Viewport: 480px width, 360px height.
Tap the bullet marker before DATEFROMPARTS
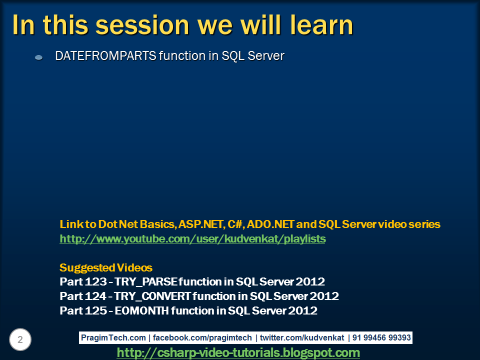[x=38, y=58]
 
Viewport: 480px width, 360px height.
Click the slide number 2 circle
[x=20, y=340]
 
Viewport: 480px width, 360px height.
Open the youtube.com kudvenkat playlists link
[x=192, y=239]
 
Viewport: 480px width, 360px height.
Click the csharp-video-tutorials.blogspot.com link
[x=238, y=353]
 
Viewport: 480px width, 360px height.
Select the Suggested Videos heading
[x=106, y=267]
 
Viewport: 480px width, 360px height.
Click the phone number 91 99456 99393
[x=381, y=337]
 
